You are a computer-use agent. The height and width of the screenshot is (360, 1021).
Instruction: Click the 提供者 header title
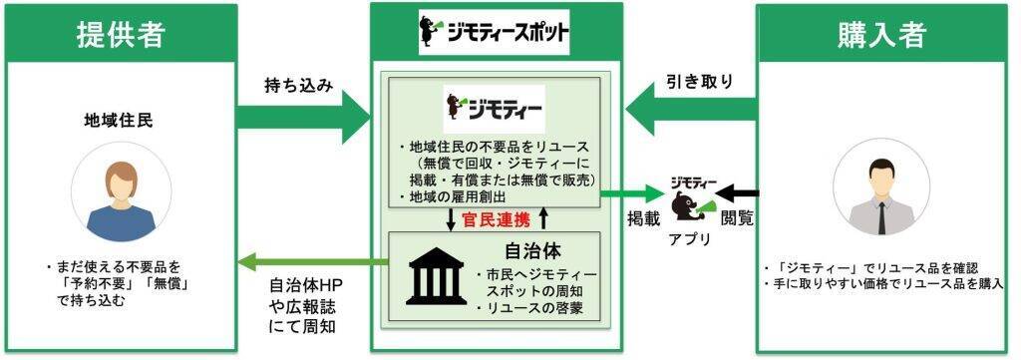120,35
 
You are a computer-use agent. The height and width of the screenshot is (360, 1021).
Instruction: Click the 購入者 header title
882,35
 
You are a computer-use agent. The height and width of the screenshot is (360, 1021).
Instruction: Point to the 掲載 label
640,216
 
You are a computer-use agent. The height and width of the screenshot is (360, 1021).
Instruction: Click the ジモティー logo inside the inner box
495,104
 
